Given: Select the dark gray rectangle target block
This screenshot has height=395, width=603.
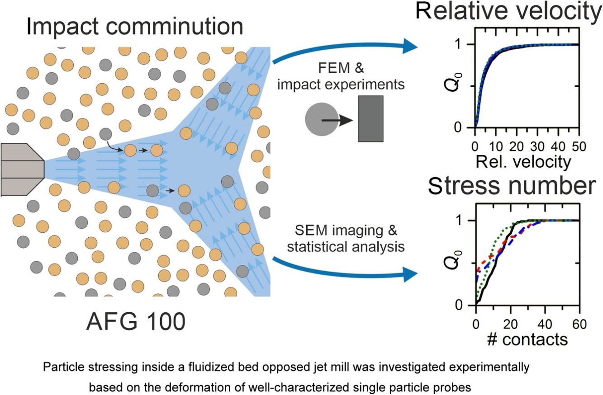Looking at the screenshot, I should (x=370, y=118).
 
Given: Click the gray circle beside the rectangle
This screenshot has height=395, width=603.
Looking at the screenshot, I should (x=321, y=120).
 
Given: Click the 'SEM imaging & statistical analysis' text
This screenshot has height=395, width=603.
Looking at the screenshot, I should (x=348, y=239).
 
